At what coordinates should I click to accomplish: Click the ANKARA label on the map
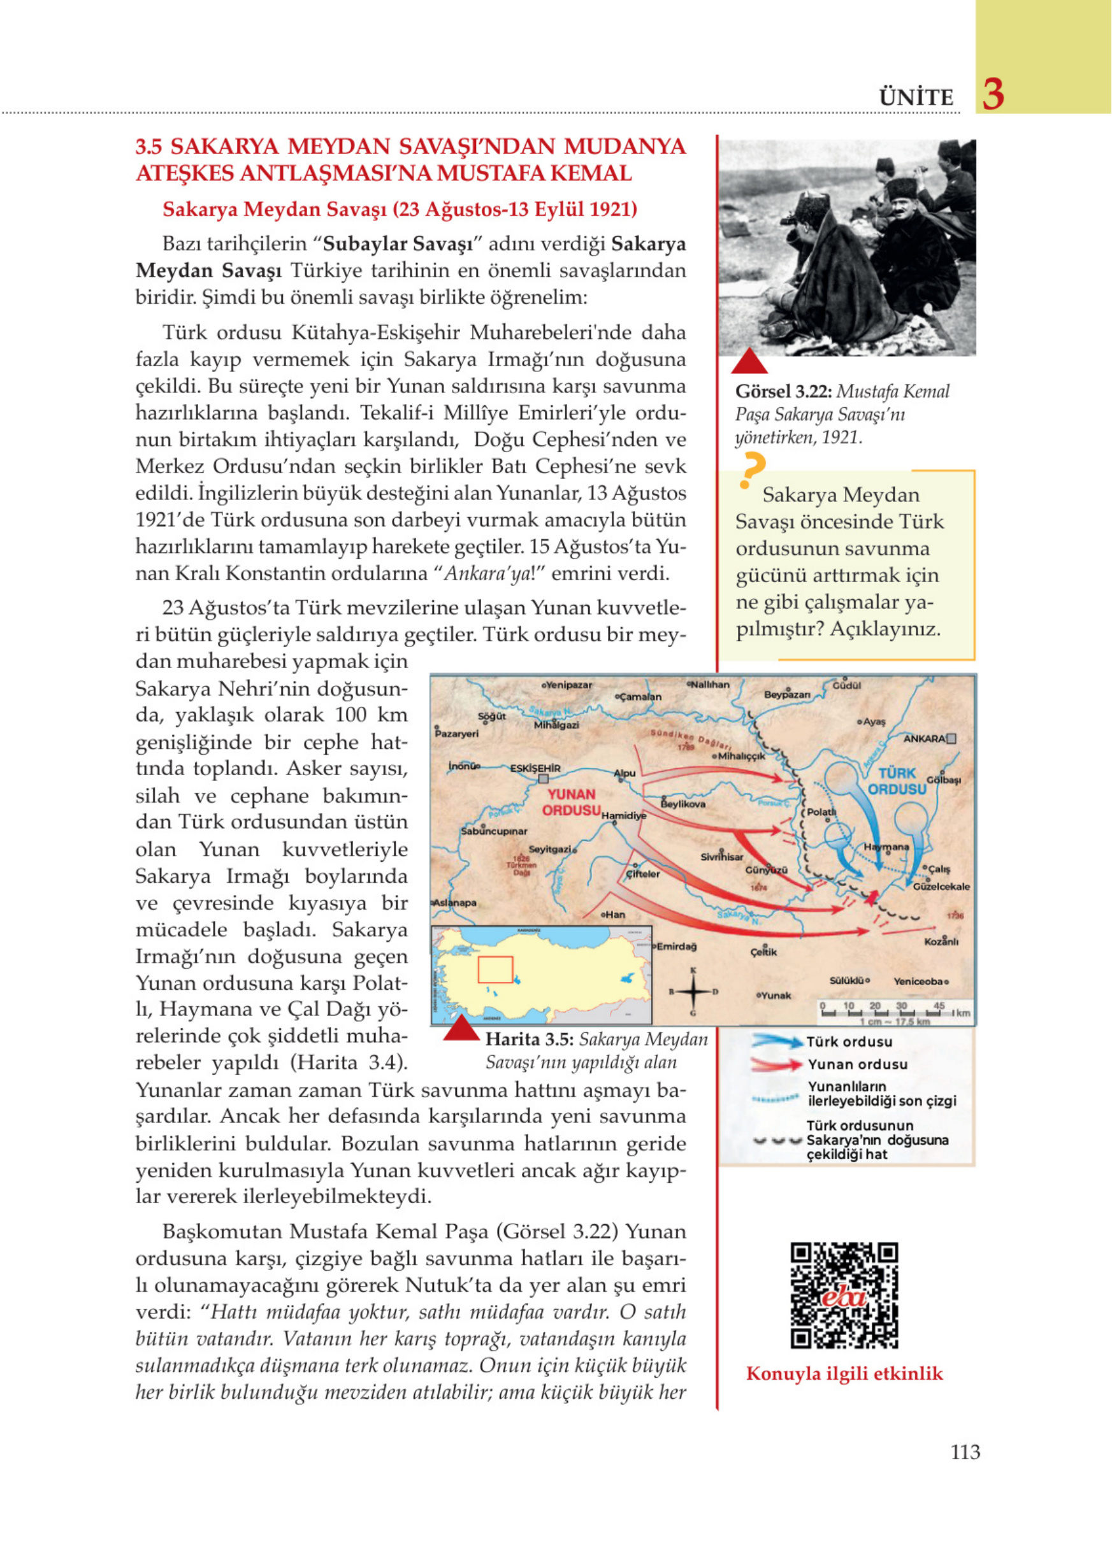pos(923,739)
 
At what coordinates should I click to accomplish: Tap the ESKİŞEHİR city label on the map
pos(535,768)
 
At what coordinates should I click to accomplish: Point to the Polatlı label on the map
pos(821,812)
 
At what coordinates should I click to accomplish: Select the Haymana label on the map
pos(886,847)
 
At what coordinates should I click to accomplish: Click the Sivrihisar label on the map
pos(722,857)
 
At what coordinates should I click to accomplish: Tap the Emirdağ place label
pos(676,947)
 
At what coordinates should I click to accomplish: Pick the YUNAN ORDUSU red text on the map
pos(572,802)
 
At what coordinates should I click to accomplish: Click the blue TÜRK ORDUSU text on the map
pos(897,781)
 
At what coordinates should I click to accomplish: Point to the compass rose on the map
pos(693,991)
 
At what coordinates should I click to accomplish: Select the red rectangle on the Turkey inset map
pos(495,970)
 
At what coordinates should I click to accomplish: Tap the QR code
pos(844,1296)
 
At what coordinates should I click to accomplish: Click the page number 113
pos(965,1452)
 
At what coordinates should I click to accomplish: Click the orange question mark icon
pos(752,469)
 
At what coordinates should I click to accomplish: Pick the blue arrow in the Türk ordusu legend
pos(777,1041)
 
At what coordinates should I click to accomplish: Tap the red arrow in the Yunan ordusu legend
pos(777,1064)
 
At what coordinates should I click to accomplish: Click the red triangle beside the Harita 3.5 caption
pos(461,1029)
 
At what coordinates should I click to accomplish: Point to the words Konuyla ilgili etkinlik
pos(844,1373)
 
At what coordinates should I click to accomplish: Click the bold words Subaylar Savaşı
pos(403,244)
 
